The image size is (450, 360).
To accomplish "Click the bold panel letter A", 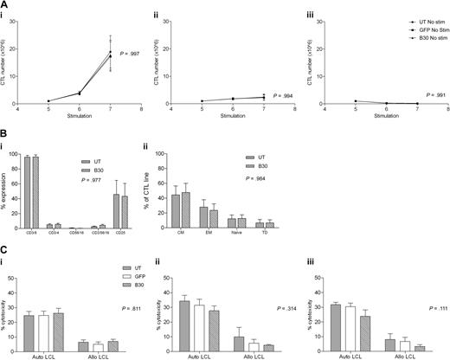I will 4,4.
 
